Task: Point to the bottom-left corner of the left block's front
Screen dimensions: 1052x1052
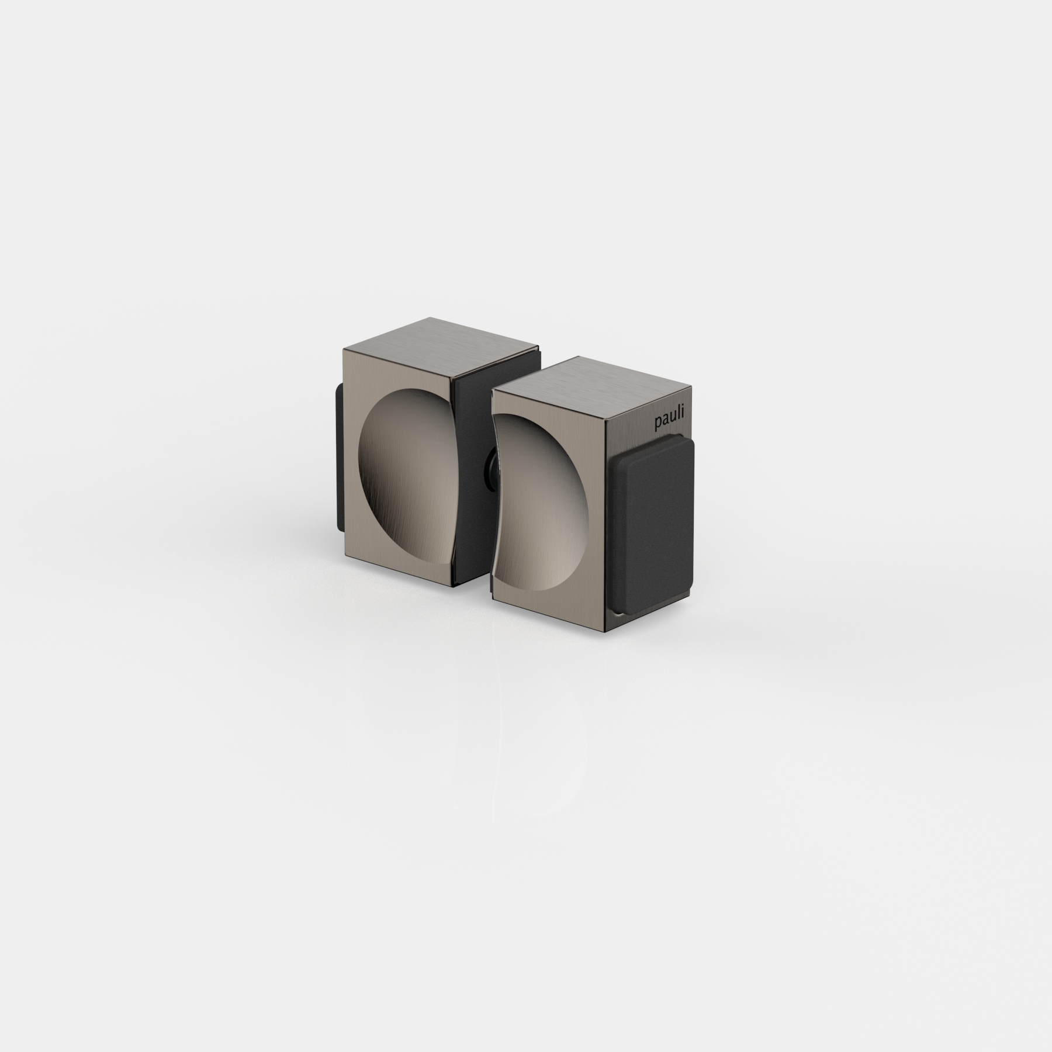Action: pos(342,528)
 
